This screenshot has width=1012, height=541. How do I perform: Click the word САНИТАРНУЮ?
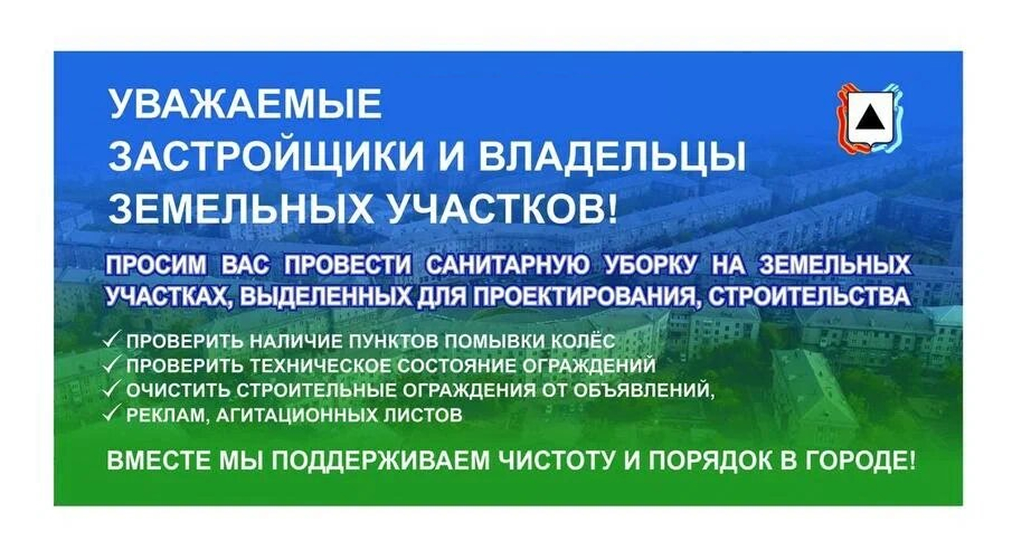click(508, 266)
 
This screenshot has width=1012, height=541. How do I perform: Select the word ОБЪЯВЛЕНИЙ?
click(644, 390)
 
